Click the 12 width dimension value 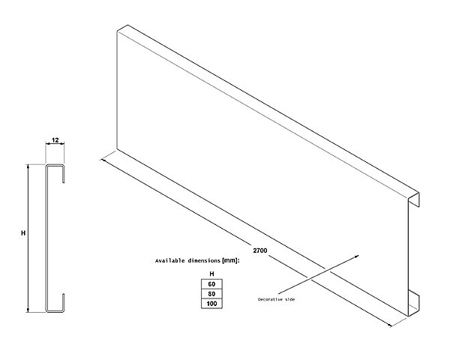(55, 140)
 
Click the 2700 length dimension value (260, 250)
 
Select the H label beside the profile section (23, 233)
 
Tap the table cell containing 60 (211, 284)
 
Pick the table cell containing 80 (211, 294)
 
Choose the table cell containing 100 (211, 304)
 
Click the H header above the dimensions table (211, 274)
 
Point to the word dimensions (204, 261)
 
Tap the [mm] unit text (230, 261)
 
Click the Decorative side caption (276, 299)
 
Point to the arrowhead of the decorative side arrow (358, 256)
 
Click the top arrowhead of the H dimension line (28, 166)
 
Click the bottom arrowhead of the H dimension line (28, 310)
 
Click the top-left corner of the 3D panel (117, 31)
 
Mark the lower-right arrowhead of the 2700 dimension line (390, 325)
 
